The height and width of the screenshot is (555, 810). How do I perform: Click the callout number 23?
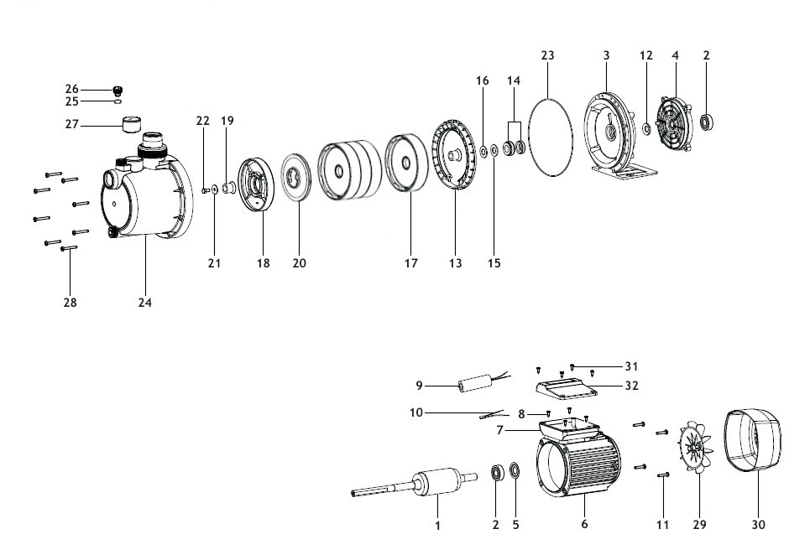(547, 55)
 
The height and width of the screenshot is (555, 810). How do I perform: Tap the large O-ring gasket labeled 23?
(530, 137)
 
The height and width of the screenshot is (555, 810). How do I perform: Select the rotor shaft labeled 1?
(414, 483)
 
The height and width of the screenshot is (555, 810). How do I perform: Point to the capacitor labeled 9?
(473, 384)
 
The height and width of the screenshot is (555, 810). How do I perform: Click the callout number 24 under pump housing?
(145, 303)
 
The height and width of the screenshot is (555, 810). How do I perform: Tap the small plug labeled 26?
(118, 91)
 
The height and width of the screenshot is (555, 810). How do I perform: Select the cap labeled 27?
(131, 124)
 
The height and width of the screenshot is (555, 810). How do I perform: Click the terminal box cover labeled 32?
(567, 386)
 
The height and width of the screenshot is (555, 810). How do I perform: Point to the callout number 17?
(410, 263)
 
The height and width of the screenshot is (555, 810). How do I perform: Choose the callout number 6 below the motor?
(584, 524)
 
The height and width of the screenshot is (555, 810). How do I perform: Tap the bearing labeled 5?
(515, 471)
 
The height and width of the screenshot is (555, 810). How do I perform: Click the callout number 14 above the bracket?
(514, 80)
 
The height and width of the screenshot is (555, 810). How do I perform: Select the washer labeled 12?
(646, 128)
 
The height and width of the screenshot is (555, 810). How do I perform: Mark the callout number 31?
(631, 366)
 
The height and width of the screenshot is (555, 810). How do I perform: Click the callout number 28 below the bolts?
(71, 303)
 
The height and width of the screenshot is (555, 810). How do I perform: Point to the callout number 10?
(415, 412)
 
